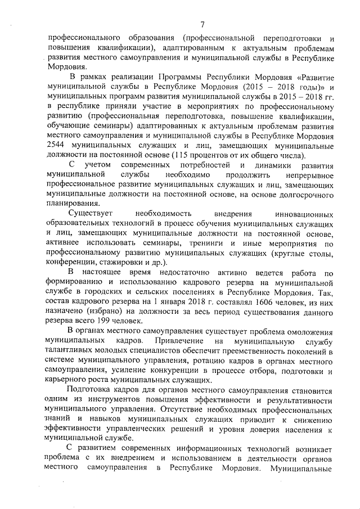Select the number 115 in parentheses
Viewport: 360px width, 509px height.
click(191, 156)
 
